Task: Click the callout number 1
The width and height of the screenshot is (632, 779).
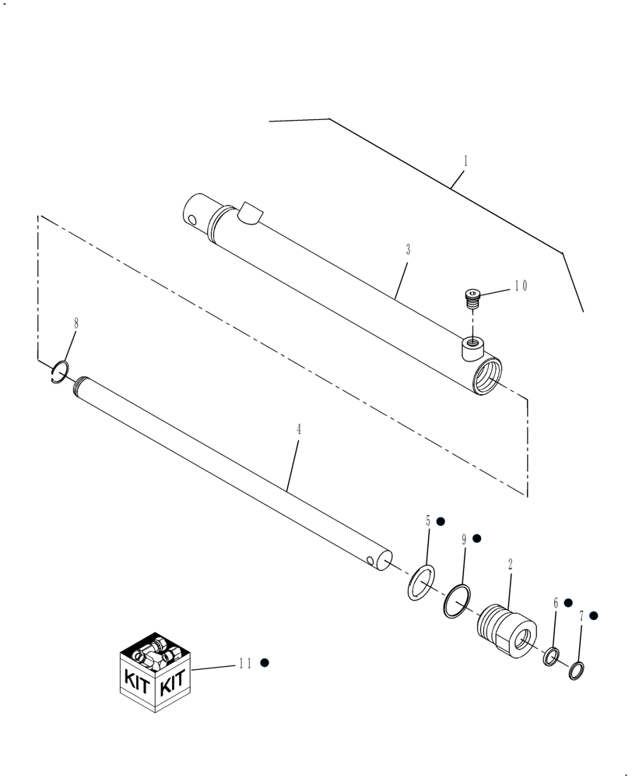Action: click(x=465, y=161)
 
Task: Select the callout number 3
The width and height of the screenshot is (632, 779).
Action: click(x=408, y=250)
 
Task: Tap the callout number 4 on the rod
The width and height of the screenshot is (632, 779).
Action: click(x=298, y=430)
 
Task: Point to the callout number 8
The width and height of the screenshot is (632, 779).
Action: click(x=75, y=323)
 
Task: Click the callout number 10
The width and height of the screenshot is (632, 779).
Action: click(x=520, y=286)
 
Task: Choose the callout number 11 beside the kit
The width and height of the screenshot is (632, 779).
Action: click(x=245, y=663)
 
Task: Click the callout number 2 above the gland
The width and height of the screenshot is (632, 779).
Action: click(x=510, y=566)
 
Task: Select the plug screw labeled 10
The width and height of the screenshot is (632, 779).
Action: click(x=472, y=295)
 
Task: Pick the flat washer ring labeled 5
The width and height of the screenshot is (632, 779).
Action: click(x=421, y=582)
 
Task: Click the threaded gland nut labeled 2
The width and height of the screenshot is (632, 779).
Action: click(x=507, y=629)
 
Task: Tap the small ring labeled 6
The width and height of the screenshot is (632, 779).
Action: click(x=551, y=657)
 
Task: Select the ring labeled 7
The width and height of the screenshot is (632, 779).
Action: click(x=576, y=670)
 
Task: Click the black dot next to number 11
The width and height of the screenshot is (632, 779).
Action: click(x=265, y=662)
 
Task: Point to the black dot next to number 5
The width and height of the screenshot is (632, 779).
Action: click(x=440, y=520)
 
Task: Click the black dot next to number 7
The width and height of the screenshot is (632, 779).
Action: click(x=593, y=615)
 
